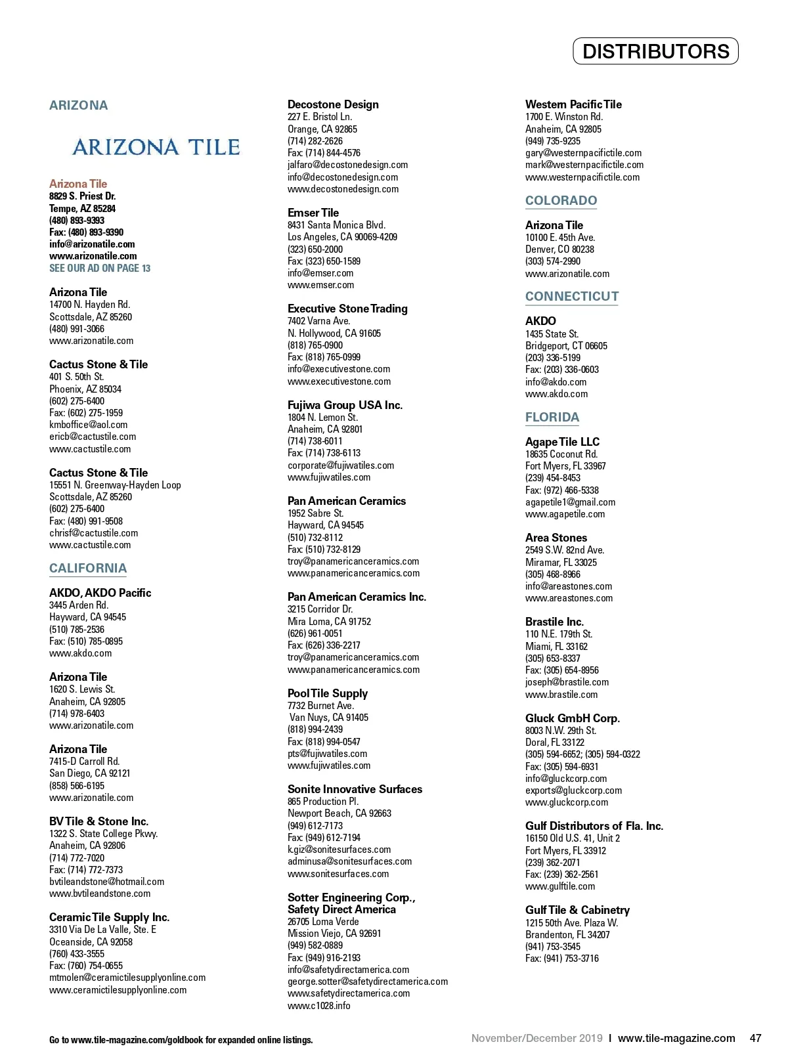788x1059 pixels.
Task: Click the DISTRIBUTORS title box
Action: [x=655, y=51]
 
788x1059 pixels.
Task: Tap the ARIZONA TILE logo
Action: [x=156, y=147]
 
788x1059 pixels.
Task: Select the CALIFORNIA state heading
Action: [x=88, y=569]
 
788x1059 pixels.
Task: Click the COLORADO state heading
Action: [x=561, y=201]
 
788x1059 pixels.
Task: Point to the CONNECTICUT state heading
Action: [x=571, y=297]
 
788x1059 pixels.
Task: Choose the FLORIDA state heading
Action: [x=552, y=418]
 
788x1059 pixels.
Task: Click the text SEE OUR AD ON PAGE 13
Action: [x=100, y=268]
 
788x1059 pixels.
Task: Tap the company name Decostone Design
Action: [x=333, y=104]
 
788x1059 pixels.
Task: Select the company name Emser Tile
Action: [x=313, y=213]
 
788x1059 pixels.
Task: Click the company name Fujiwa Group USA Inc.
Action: [x=345, y=405]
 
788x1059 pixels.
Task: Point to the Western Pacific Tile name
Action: [x=573, y=104]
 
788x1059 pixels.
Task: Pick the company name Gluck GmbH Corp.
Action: [x=572, y=718]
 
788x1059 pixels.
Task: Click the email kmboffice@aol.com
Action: [x=88, y=425]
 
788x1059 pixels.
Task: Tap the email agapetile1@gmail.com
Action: [x=570, y=502]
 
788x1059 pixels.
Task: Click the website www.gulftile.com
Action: [x=559, y=886]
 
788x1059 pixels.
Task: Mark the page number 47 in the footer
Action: [x=755, y=1039]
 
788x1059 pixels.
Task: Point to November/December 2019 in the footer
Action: [x=536, y=1039]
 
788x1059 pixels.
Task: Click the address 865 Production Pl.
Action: [x=323, y=802]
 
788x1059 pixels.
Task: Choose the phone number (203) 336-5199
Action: [x=552, y=358]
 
